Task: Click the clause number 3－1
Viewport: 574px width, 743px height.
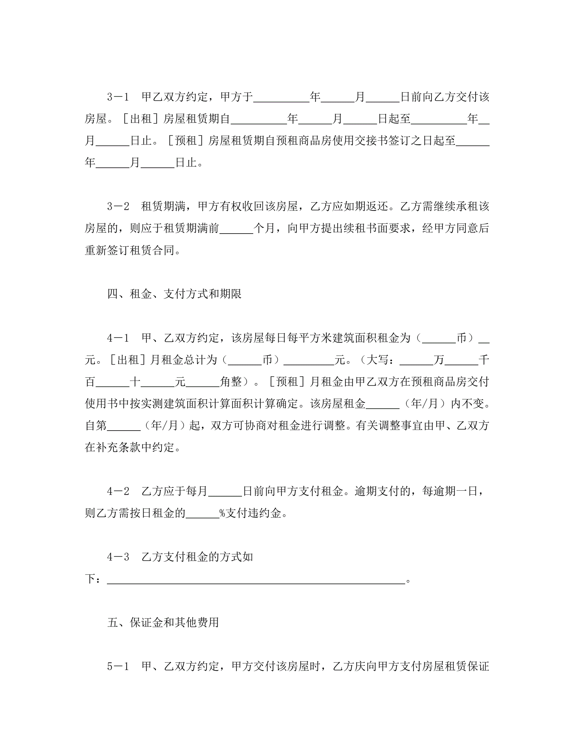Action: [x=118, y=97]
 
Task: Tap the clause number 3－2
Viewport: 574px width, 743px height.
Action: [x=118, y=206]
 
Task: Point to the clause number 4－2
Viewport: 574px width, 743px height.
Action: [x=118, y=491]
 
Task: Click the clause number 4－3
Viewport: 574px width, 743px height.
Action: [x=118, y=557]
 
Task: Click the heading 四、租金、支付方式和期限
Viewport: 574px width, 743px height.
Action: [x=174, y=294]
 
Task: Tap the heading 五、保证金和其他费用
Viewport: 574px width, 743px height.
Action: [x=163, y=622]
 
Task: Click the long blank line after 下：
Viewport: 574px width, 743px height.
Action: [x=256, y=579]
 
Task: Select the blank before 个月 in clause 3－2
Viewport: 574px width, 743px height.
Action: [x=236, y=229]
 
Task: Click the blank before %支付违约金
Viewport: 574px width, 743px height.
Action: [x=202, y=513]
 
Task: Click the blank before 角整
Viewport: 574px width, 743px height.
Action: [x=202, y=382]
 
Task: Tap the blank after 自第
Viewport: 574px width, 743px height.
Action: [x=124, y=426]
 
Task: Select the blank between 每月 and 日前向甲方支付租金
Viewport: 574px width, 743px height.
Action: [x=225, y=491]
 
